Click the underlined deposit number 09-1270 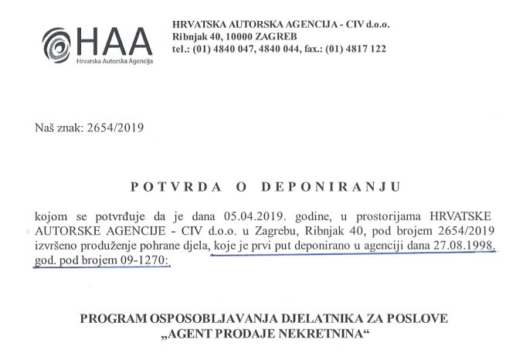click(x=152, y=261)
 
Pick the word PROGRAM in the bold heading click(x=122, y=319)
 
